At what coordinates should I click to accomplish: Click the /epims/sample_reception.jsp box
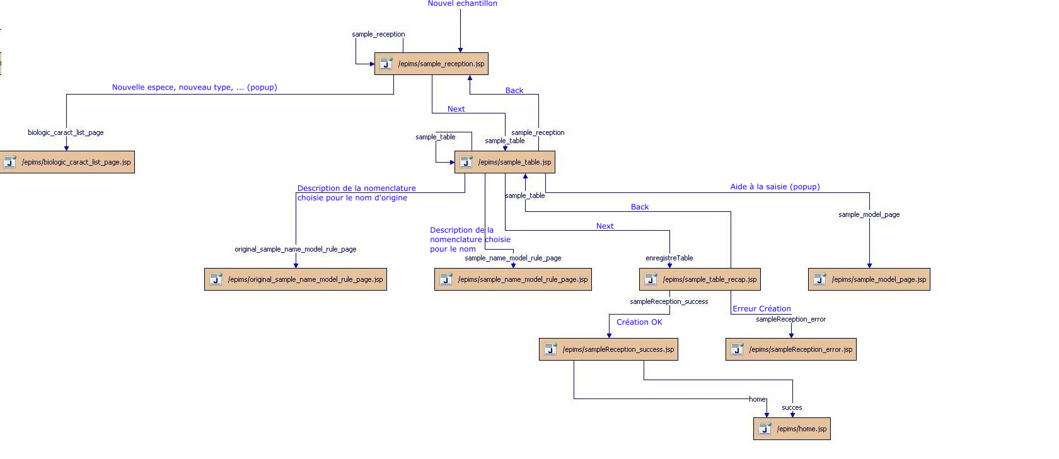point(431,64)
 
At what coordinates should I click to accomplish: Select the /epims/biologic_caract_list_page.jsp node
point(67,162)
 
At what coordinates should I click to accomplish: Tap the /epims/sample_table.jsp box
point(504,162)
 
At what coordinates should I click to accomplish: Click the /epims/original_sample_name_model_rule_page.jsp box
point(295,279)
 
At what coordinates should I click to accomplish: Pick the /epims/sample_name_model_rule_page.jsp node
point(512,279)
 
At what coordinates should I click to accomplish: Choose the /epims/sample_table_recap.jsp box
point(700,279)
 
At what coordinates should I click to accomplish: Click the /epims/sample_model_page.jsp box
point(869,279)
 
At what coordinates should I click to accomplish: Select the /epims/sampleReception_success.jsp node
point(608,349)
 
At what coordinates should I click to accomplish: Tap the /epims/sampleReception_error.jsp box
point(790,349)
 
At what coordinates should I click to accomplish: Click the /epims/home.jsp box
point(792,429)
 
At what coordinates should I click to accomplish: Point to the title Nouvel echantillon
point(462,4)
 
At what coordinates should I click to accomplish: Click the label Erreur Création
point(761,309)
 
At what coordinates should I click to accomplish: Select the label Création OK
point(639,322)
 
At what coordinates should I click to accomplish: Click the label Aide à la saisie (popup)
point(775,187)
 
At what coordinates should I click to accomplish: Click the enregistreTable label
point(669,258)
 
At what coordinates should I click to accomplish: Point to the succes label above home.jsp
point(792,407)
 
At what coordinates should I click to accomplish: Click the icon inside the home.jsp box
point(765,429)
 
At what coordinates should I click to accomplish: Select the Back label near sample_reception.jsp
point(514,91)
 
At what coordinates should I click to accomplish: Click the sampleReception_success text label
point(669,301)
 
